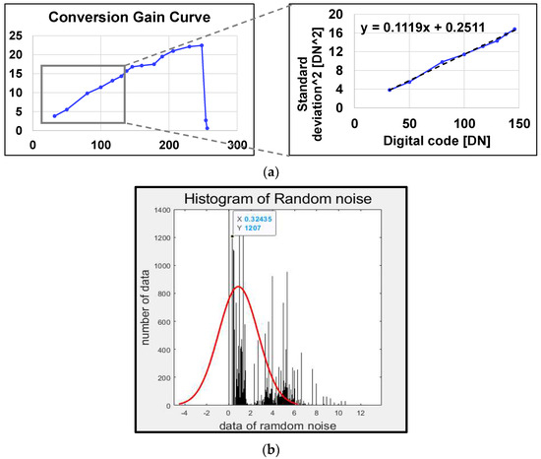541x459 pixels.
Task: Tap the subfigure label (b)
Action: pyautogui.click(x=270, y=446)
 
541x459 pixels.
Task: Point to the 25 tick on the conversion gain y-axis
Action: pyautogui.click(x=15, y=35)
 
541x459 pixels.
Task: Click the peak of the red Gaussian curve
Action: pyautogui.click(x=238, y=287)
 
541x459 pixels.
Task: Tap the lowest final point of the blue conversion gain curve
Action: pyautogui.click(x=208, y=128)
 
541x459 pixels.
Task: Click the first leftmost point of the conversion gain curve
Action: pyautogui.click(x=54, y=116)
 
